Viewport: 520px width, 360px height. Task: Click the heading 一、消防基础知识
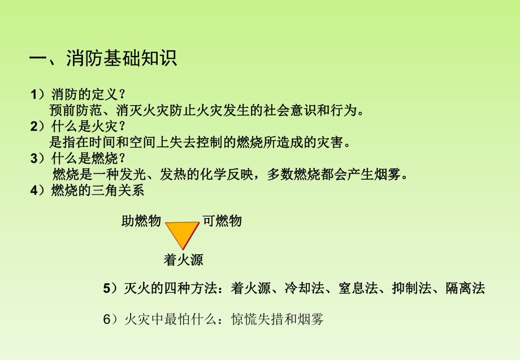[x=103, y=59]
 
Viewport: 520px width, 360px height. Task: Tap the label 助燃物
[x=141, y=221]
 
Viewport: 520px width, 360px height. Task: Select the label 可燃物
[x=222, y=221]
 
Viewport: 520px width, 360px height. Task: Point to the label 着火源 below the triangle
[x=183, y=260]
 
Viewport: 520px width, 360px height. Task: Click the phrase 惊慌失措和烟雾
[x=278, y=319]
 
